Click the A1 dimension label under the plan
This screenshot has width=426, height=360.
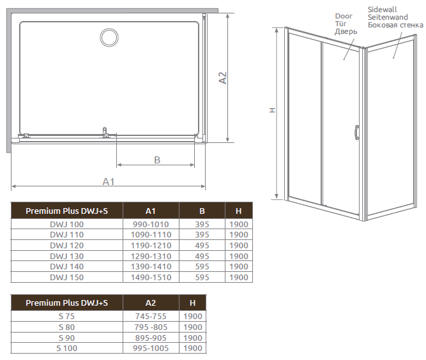pos(109,182)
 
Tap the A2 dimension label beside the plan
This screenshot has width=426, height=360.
pos(223,77)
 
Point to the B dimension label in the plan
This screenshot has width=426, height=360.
pos(156,160)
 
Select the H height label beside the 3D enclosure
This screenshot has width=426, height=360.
pos(272,110)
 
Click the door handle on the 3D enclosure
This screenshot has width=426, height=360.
pos(356,131)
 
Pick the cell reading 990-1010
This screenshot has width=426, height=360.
pos(151,225)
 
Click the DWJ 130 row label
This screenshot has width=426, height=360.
pos(66,256)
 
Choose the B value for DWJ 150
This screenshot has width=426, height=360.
pos(202,278)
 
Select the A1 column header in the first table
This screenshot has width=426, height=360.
pos(151,211)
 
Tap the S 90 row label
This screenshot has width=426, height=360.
pos(66,338)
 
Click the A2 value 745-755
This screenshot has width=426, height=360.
pos(151,317)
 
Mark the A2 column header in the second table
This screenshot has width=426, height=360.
pos(151,303)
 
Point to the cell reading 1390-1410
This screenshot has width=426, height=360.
pos(151,267)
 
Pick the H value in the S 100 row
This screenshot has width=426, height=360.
pos(192,349)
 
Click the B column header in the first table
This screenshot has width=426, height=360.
pos(202,211)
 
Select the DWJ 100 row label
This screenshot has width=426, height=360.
pos(66,225)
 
